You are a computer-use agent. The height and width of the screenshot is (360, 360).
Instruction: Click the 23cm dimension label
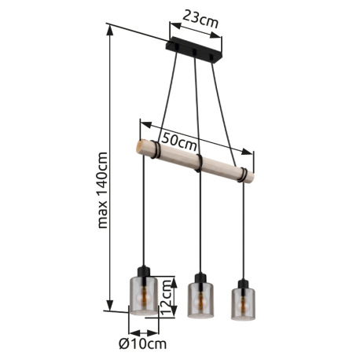tap(200, 19)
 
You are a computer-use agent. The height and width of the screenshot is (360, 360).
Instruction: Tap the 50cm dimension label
tap(179, 142)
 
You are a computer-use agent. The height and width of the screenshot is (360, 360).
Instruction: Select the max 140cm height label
tap(102, 190)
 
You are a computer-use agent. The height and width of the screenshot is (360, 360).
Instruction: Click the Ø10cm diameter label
tap(142, 343)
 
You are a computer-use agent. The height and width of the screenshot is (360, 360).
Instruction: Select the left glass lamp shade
tap(144, 296)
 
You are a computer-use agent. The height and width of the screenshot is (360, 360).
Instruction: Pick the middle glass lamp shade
tap(200, 299)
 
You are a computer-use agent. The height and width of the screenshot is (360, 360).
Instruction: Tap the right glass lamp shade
tap(243, 304)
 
